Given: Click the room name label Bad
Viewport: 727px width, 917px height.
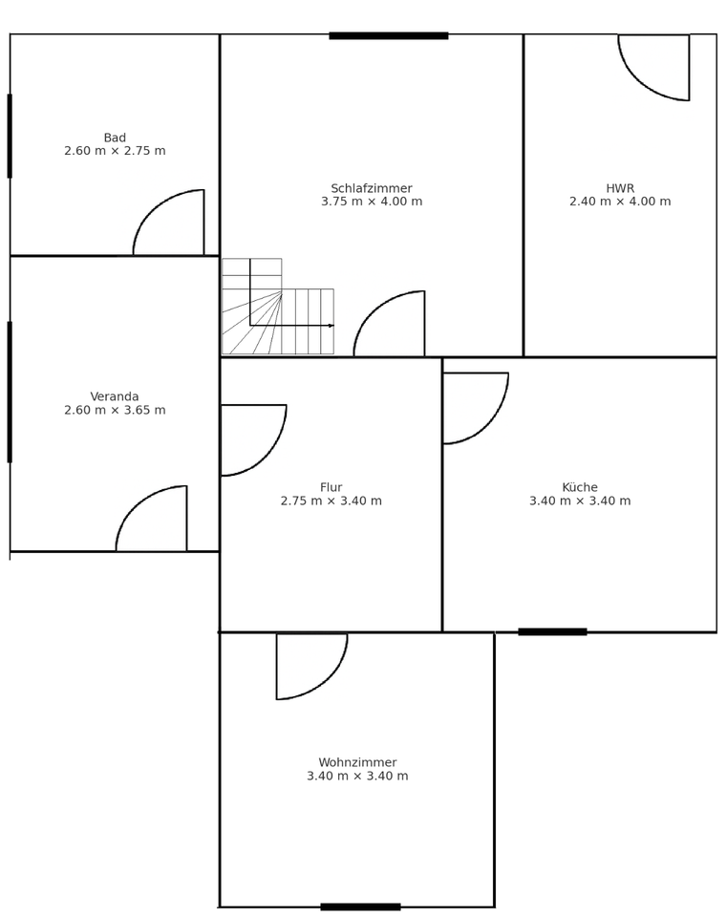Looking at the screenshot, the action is (115, 138).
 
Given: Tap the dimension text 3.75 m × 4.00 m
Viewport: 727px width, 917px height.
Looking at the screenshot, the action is (372, 202).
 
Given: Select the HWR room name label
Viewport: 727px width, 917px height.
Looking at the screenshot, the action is (620, 188).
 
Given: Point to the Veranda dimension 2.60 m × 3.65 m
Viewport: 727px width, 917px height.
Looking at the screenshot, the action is (115, 411).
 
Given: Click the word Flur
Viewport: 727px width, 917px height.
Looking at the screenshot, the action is (331, 487).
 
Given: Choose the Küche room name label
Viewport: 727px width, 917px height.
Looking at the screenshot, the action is (580, 487).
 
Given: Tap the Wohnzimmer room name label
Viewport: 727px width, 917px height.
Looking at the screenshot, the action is (357, 762).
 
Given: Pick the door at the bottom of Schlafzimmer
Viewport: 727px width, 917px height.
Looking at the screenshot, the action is (395, 328).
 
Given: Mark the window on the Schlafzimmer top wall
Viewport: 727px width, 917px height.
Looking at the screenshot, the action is (389, 36).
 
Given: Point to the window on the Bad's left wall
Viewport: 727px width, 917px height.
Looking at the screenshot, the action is (11, 136).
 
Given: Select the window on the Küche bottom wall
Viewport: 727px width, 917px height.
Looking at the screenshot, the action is (552, 631).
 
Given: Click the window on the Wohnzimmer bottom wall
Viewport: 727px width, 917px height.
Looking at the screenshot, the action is (360, 906).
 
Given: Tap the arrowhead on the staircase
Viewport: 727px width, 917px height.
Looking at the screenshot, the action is (331, 326).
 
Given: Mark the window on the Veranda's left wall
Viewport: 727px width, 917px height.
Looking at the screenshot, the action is (11, 392).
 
